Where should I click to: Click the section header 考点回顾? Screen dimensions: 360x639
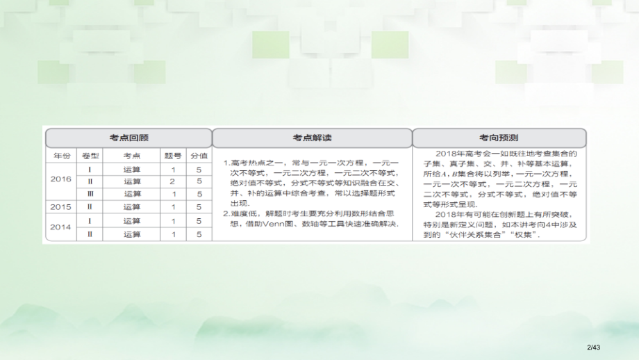128,137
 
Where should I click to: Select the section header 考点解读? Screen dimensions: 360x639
312,137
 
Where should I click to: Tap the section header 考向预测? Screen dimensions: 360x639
499,137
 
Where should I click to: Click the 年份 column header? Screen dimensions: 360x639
61,156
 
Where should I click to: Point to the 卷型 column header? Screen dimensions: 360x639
90,156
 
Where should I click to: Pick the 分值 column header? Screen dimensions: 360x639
199,156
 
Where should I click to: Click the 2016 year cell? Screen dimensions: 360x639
61,179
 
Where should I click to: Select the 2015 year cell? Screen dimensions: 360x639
61,206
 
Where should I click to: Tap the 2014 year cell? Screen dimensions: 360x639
61,227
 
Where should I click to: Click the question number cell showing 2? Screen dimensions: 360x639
172,181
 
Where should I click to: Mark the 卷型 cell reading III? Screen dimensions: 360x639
90,194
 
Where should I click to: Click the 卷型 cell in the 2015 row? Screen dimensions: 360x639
90,206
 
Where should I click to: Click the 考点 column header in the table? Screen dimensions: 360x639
131,156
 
